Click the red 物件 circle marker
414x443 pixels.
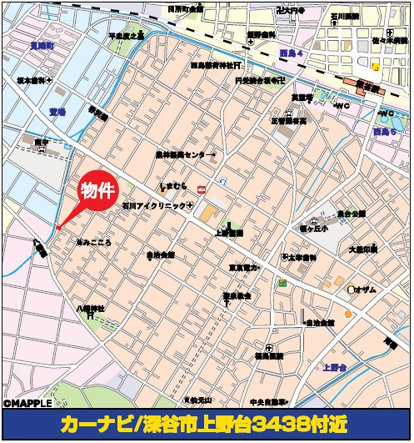[96, 191]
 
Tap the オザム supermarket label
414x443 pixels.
[365, 289]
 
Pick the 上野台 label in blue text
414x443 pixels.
[336, 366]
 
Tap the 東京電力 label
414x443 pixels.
[244, 269]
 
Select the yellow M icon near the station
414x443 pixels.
[377, 66]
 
